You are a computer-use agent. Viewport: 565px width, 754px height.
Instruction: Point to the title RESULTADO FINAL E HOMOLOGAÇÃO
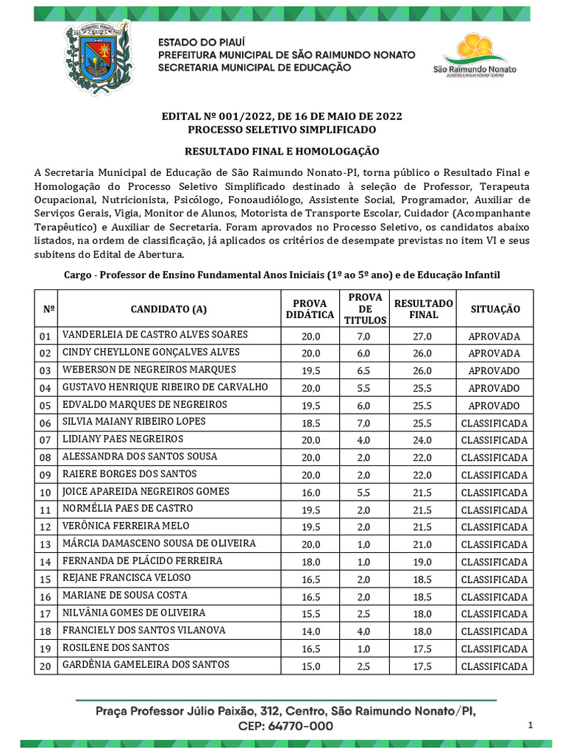pos(282,151)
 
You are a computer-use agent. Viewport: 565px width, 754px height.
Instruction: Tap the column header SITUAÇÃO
pos(494,309)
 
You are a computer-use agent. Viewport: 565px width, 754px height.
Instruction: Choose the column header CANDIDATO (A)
pos(168,309)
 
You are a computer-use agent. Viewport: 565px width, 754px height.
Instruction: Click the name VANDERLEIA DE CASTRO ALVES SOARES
pos(155,335)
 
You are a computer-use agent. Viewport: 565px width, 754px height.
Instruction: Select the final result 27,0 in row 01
pos(423,336)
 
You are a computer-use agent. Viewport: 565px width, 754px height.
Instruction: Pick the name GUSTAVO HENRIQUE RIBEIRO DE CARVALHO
pos(166,387)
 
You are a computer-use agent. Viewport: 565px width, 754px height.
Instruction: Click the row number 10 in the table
pos(45,493)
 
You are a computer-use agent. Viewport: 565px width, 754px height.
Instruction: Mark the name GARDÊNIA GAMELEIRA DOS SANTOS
pos(146,665)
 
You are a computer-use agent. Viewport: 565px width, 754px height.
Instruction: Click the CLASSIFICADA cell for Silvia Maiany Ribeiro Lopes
pos(494,423)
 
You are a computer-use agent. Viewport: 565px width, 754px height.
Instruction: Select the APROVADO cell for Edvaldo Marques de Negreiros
pos(494,406)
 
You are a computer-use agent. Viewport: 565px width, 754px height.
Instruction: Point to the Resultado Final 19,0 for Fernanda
pos(423,562)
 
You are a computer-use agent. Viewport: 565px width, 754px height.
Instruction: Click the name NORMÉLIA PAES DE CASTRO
pos(128,509)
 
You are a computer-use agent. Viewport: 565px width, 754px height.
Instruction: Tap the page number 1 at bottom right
pos(530,726)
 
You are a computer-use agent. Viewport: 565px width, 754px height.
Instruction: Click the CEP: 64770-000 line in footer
pos(285,726)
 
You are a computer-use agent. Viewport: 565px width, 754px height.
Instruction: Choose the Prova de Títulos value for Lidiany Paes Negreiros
pos(366,440)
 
